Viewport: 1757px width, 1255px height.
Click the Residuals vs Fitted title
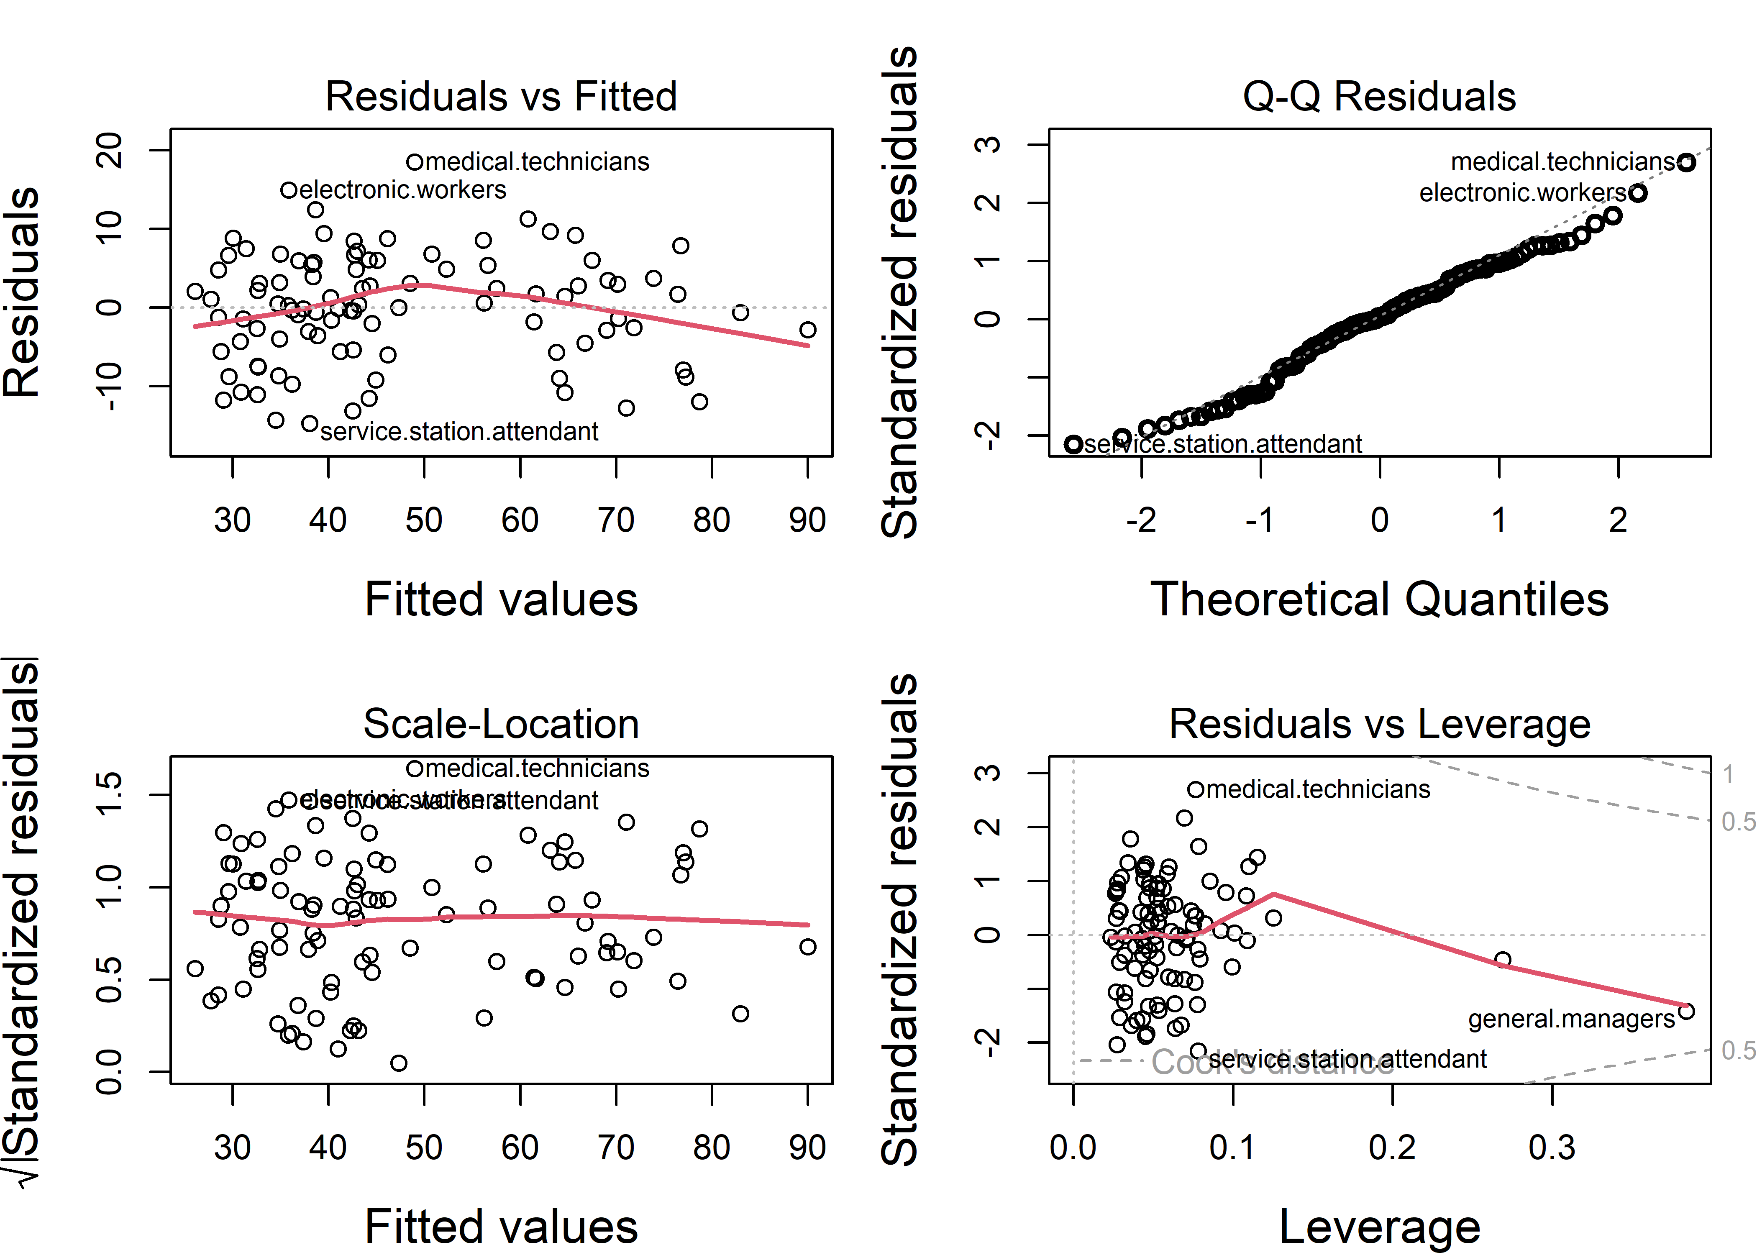click(501, 97)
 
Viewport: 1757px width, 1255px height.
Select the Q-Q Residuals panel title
click(1379, 97)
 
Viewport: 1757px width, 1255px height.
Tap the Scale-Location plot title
click(501, 725)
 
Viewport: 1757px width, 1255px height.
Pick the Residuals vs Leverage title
click(1379, 725)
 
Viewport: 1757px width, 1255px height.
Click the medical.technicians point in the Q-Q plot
click(1687, 162)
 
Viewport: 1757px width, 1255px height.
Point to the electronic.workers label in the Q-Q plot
click(1522, 192)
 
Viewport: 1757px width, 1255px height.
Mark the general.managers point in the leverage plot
click(1687, 1011)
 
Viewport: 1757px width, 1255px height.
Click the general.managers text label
click(1571, 1019)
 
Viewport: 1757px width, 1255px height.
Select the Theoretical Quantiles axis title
click(1379, 599)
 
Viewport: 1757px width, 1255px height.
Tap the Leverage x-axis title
click(1379, 1227)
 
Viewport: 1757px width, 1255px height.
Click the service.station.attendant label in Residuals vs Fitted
click(459, 431)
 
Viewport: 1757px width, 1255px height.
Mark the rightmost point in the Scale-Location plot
click(807, 947)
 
